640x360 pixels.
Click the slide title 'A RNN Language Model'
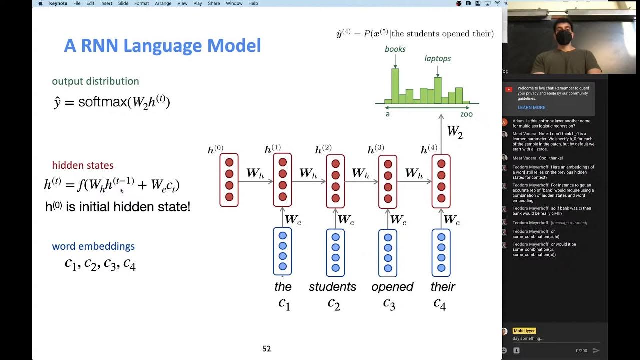pyautogui.click(x=162, y=46)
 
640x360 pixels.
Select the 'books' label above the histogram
pyautogui.click(x=395, y=49)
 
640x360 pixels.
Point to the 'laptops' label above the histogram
pyautogui.click(x=437, y=58)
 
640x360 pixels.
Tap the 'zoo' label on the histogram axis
pyautogui.click(x=466, y=114)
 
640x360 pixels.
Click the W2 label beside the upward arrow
pyautogui.click(x=454, y=132)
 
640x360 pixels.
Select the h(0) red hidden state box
pyautogui.click(x=229, y=180)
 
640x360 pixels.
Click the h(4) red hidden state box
pyautogui.click(x=441, y=181)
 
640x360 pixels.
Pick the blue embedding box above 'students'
pyautogui.click(x=335, y=252)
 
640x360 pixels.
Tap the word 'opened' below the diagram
pyautogui.click(x=392, y=287)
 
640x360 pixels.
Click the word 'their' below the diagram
pyautogui.click(x=443, y=287)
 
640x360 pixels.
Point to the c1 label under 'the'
pyautogui.click(x=284, y=304)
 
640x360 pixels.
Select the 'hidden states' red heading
pyautogui.click(x=83, y=165)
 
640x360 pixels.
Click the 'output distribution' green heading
pyautogui.click(x=95, y=81)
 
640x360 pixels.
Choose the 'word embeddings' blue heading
pyautogui.click(x=93, y=246)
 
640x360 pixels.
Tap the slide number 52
pyautogui.click(x=267, y=349)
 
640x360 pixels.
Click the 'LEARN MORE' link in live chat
pyautogui.click(x=531, y=108)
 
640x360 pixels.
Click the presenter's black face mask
pyautogui.click(x=564, y=37)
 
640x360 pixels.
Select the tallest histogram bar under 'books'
pyautogui.click(x=395, y=86)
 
